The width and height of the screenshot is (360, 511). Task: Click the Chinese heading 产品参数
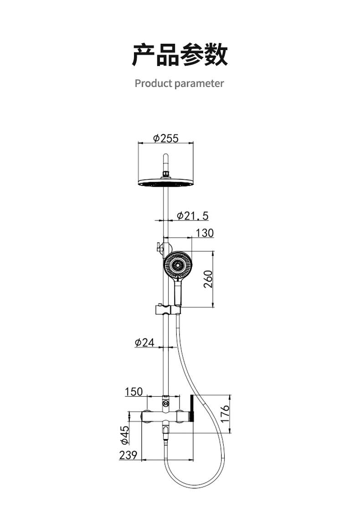(x=180, y=55)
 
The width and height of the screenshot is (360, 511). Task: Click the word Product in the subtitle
(x=153, y=83)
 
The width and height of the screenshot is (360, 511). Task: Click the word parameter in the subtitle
(x=199, y=84)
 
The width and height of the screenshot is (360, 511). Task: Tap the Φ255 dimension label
(x=166, y=138)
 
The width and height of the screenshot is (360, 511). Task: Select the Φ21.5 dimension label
(x=192, y=215)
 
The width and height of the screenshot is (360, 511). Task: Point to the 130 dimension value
(x=205, y=233)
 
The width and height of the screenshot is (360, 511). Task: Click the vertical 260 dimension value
(x=208, y=279)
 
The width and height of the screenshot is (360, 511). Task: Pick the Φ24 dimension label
(x=144, y=342)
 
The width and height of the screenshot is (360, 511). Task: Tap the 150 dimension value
(x=134, y=391)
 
